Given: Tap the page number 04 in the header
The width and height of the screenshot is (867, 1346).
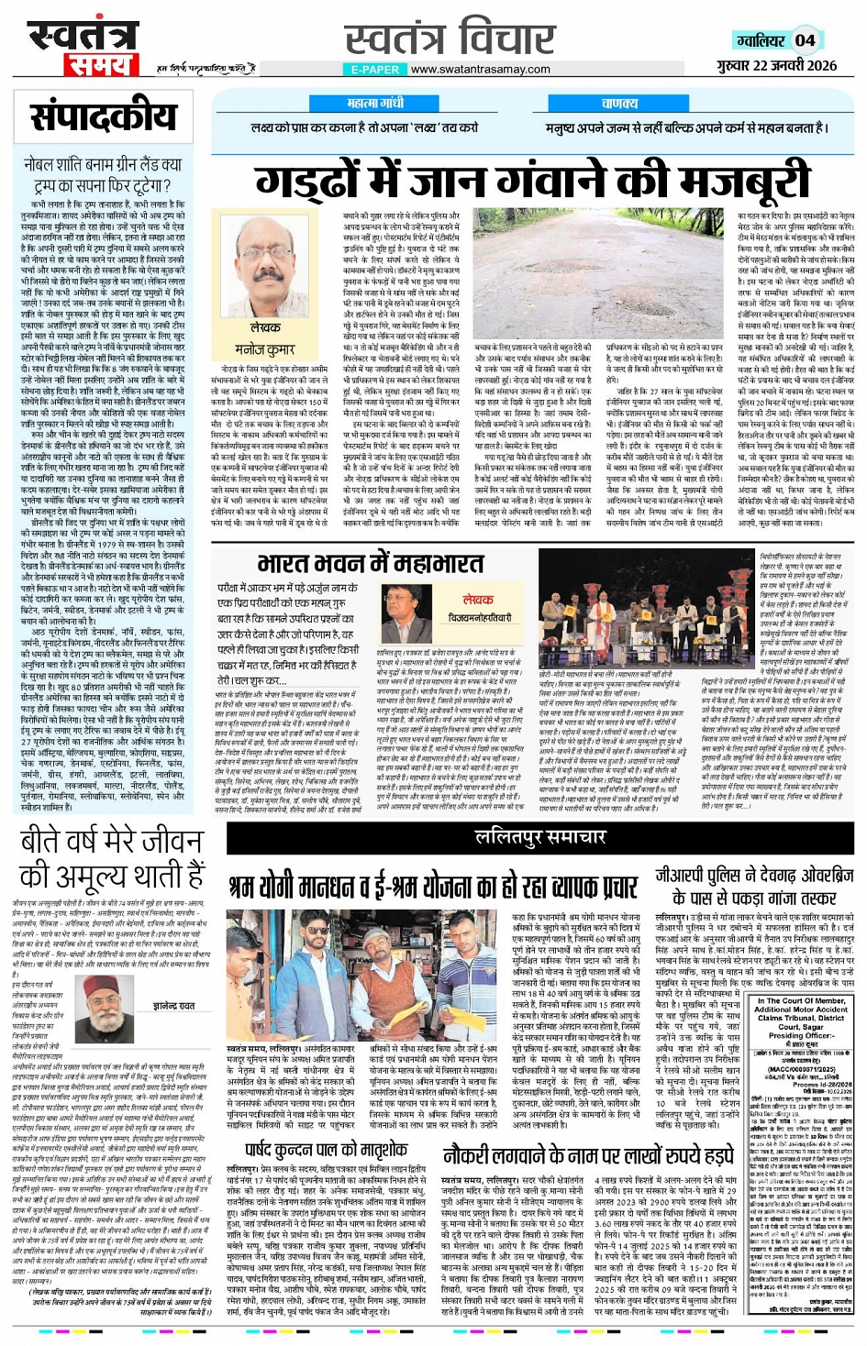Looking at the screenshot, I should coord(804,39).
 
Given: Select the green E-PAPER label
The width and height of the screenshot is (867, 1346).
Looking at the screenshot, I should coord(374,69).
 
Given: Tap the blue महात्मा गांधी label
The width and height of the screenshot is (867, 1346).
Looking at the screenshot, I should coord(369,104).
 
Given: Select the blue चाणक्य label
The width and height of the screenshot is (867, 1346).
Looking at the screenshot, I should coord(619,104).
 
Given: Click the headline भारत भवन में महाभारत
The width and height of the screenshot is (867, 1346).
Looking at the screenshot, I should coord(371,562).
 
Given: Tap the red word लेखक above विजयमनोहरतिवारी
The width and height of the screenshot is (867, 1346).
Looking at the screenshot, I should coord(478,601).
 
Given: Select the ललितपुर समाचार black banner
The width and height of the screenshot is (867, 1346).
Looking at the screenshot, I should coord(539,835).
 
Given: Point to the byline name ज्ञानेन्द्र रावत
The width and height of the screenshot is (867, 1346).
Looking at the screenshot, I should coord(177,1005).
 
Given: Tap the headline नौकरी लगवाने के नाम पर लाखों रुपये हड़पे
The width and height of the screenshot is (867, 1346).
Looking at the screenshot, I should coord(588,1154).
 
